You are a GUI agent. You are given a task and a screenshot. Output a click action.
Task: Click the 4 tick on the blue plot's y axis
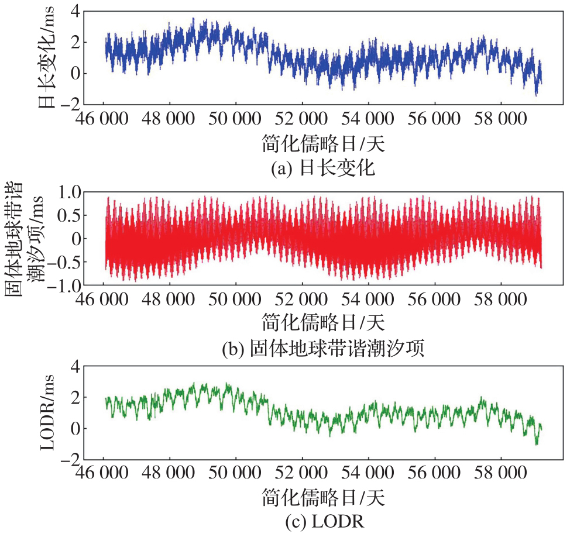74,11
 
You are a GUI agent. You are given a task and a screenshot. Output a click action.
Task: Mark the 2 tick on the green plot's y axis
74,397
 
